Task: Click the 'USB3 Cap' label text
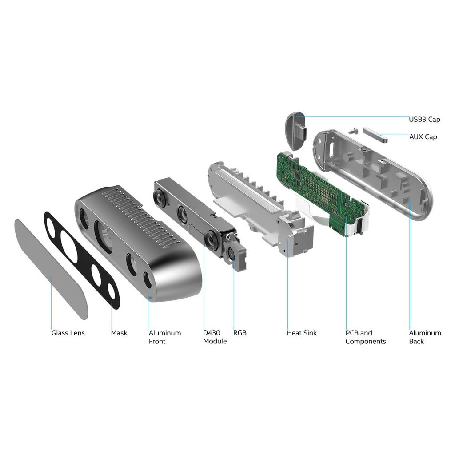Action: (424, 119)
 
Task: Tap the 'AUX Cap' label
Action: (423, 137)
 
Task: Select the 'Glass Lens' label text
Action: (68, 333)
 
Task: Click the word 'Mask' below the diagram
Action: (119, 333)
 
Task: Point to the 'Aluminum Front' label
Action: (165, 337)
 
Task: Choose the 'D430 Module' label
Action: (215, 337)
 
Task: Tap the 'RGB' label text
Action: (240, 333)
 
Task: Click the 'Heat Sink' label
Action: (302, 333)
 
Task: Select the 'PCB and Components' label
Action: (366, 337)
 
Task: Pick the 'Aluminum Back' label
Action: (425, 337)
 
